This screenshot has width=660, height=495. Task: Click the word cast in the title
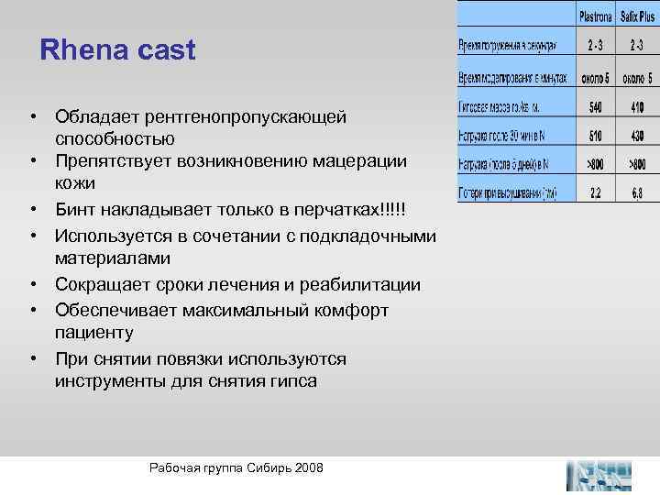pos(165,49)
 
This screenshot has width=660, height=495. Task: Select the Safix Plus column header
pos(640,16)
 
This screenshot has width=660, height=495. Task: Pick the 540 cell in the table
pos(596,106)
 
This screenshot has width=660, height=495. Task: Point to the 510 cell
pos(596,136)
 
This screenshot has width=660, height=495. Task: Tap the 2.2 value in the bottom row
pos(596,193)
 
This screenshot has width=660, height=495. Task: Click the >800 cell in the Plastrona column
pos(596,165)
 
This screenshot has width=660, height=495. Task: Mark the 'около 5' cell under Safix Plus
pos(639,78)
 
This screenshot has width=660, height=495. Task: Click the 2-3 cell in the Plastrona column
pos(596,45)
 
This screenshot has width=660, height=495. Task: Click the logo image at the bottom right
pos(599,475)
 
